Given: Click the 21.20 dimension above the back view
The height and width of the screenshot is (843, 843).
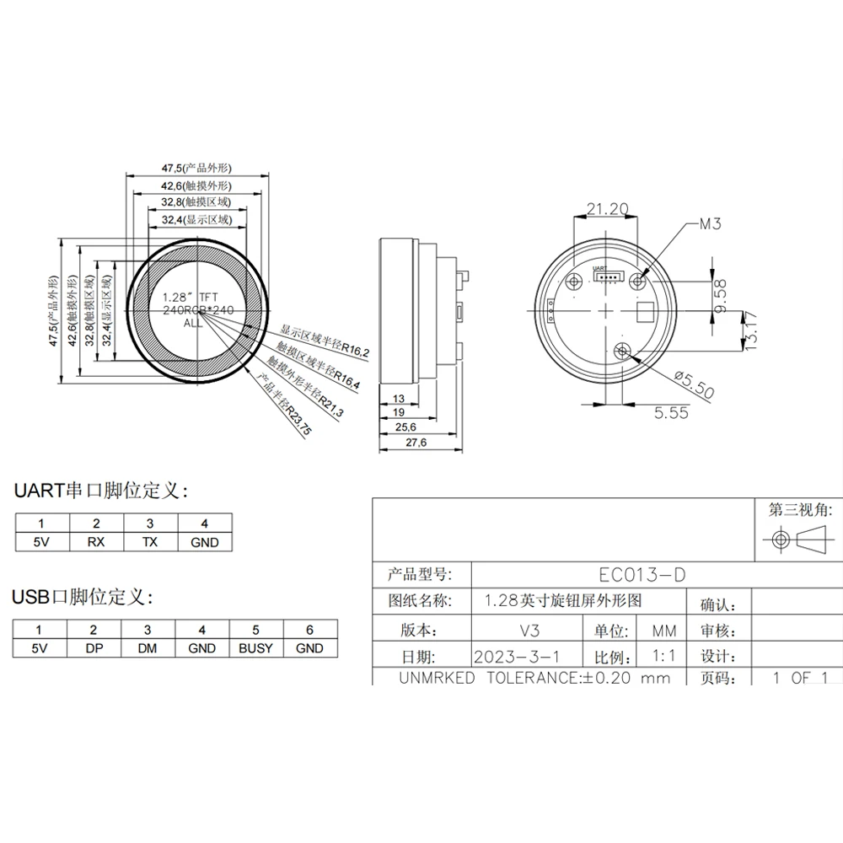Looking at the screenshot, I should [607, 208].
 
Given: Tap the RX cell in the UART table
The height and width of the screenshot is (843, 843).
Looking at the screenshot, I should [96, 543].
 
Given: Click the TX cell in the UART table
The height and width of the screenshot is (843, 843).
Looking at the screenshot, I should [150, 543].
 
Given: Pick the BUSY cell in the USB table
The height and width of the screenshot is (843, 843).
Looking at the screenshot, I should [255, 648].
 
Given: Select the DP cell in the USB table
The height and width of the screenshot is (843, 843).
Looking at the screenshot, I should [94, 648].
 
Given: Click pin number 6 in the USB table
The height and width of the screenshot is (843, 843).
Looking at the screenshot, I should [310, 630].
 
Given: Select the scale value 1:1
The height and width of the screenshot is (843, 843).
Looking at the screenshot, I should [662, 656].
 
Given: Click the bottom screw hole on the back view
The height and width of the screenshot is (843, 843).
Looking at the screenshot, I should [623, 351].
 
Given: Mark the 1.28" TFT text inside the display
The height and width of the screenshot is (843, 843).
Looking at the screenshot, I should [182, 298].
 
